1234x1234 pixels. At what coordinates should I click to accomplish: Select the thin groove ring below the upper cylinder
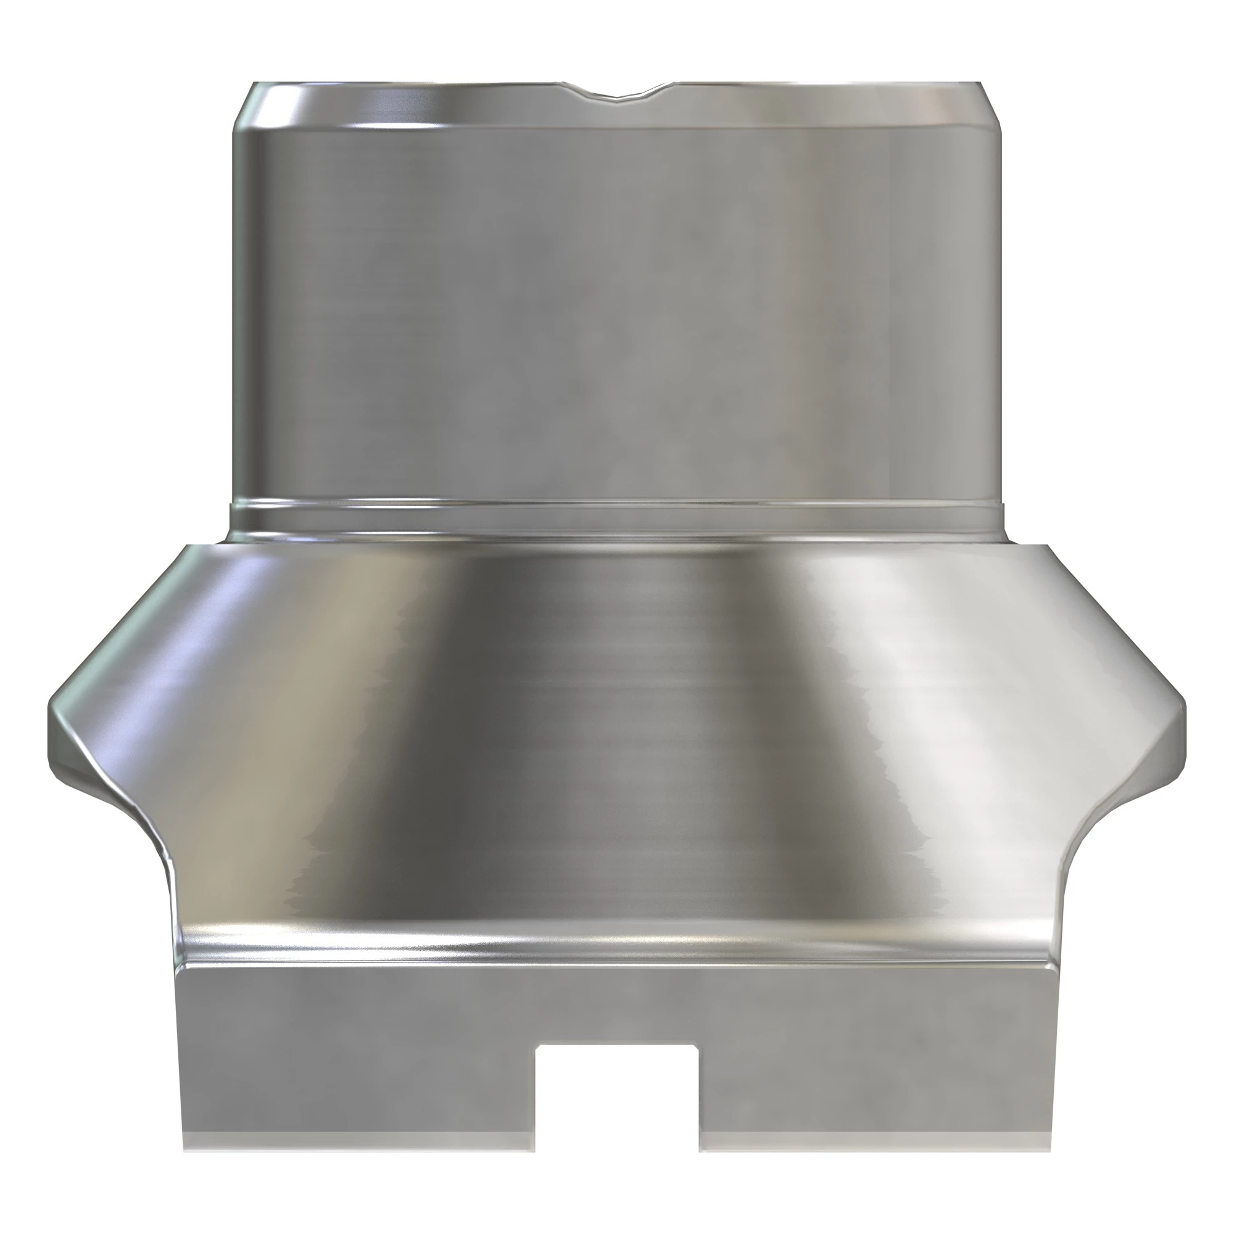(617, 511)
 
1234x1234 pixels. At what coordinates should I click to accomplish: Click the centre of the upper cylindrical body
(617, 307)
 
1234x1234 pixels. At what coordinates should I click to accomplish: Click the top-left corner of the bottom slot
(537, 1046)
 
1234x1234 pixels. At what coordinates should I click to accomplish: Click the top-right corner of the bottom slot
(698, 1046)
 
